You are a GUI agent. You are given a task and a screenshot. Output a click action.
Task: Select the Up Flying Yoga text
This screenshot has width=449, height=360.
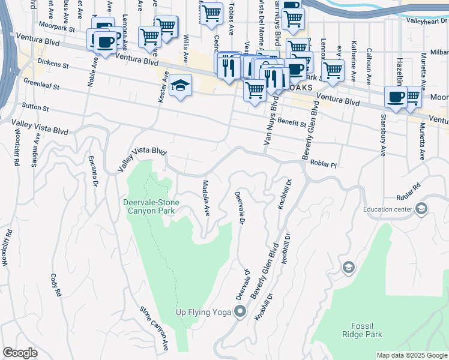coord(203,311)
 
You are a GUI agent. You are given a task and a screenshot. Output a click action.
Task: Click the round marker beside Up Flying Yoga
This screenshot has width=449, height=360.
coord(240,311)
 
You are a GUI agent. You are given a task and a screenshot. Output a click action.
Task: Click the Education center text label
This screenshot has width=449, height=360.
coord(388,209)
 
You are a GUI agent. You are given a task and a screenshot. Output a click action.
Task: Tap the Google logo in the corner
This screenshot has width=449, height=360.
coord(20,353)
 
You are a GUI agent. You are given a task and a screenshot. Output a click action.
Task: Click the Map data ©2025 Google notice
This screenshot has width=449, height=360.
coord(411,355)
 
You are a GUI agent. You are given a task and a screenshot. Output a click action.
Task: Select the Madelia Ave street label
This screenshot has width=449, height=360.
coord(206,198)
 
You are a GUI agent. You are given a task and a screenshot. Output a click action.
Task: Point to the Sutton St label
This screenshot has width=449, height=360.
coord(36,107)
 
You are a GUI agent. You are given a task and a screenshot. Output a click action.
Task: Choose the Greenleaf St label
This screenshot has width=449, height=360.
coord(41,83)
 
